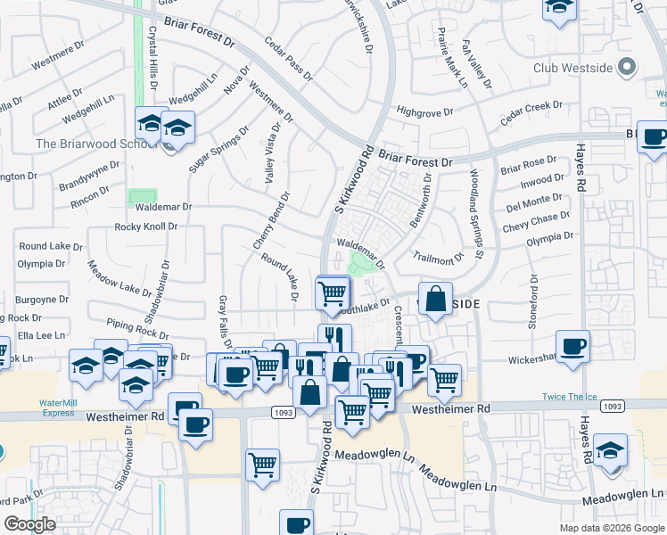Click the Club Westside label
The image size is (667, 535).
(574, 67)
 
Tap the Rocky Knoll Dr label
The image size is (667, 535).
(146, 226)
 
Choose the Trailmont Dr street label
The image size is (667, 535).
(439, 257)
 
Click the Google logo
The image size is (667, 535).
(29, 524)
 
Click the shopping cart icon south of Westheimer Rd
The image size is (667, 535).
(262, 465)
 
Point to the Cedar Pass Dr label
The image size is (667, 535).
(290, 59)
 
